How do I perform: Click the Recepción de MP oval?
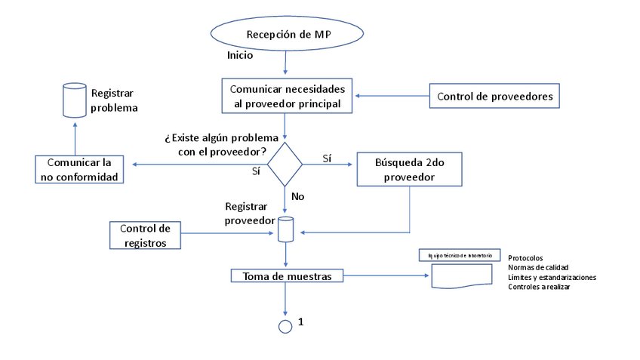[288, 35]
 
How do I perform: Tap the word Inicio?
[240, 56]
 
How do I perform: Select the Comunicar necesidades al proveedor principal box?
[287, 95]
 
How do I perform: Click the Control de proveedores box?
[494, 97]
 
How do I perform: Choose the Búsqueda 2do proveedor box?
[409, 171]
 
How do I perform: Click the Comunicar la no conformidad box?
[80, 170]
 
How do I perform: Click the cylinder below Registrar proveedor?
[285, 229]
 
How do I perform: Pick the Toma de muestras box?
[286, 276]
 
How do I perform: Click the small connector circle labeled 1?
[285, 326]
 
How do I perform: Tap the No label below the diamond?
[297, 196]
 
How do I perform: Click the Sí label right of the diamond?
[327, 158]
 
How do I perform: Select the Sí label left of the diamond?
[256, 171]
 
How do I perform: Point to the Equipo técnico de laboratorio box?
[460, 257]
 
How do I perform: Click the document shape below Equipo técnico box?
[460, 278]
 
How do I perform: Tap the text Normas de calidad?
[538, 267]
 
